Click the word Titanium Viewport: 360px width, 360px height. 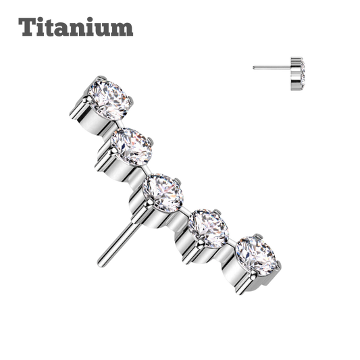pyautogui.click(x=76, y=26)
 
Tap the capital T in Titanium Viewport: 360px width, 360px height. pyautogui.click(x=27, y=26)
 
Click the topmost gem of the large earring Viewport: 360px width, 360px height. pyautogui.click(x=109, y=99)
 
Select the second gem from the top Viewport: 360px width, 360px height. pyautogui.click(x=132, y=147)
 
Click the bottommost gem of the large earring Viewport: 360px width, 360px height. pyautogui.click(x=256, y=255)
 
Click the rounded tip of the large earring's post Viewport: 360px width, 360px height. pyautogui.click(x=100, y=265)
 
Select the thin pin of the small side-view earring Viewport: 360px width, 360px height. pyautogui.click(x=272, y=68)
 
